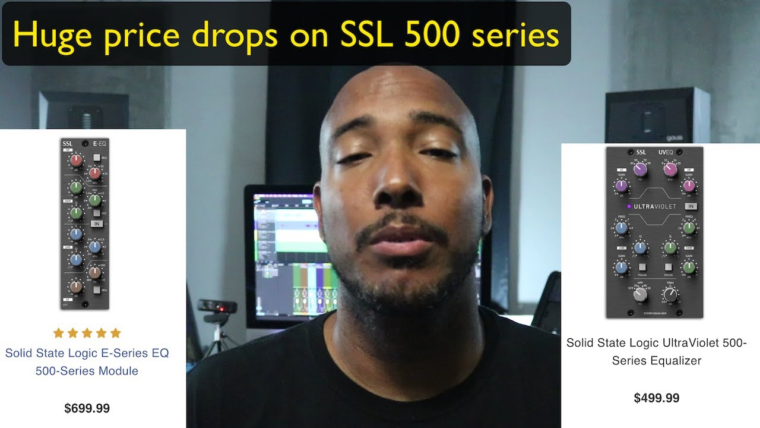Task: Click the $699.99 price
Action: click(87, 408)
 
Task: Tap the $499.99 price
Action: click(657, 398)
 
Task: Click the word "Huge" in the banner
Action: click(51, 34)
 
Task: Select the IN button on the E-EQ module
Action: click(96, 224)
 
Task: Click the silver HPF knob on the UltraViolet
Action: click(640, 294)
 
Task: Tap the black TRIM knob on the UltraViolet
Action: click(670, 294)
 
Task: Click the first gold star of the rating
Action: click(58, 333)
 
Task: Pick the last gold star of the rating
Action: click(115, 333)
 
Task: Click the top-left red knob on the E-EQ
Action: click(76, 160)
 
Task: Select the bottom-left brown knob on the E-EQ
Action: click(75, 287)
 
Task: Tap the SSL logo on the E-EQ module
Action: click(68, 143)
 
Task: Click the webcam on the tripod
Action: click(217, 307)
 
